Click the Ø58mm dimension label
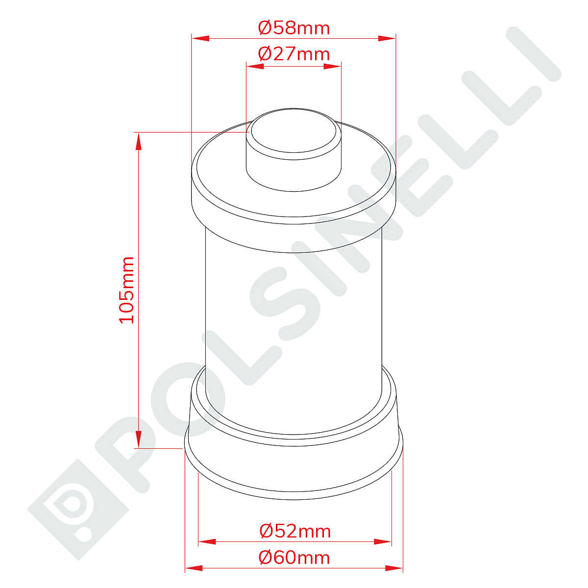(294, 28)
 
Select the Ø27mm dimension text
(294, 54)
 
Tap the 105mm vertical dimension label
(126, 290)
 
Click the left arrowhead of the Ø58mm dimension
(200, 38)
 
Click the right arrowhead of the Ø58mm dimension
(387, 38)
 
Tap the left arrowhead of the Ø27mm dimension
(255, 66)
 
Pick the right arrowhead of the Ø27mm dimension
(332, 66)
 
